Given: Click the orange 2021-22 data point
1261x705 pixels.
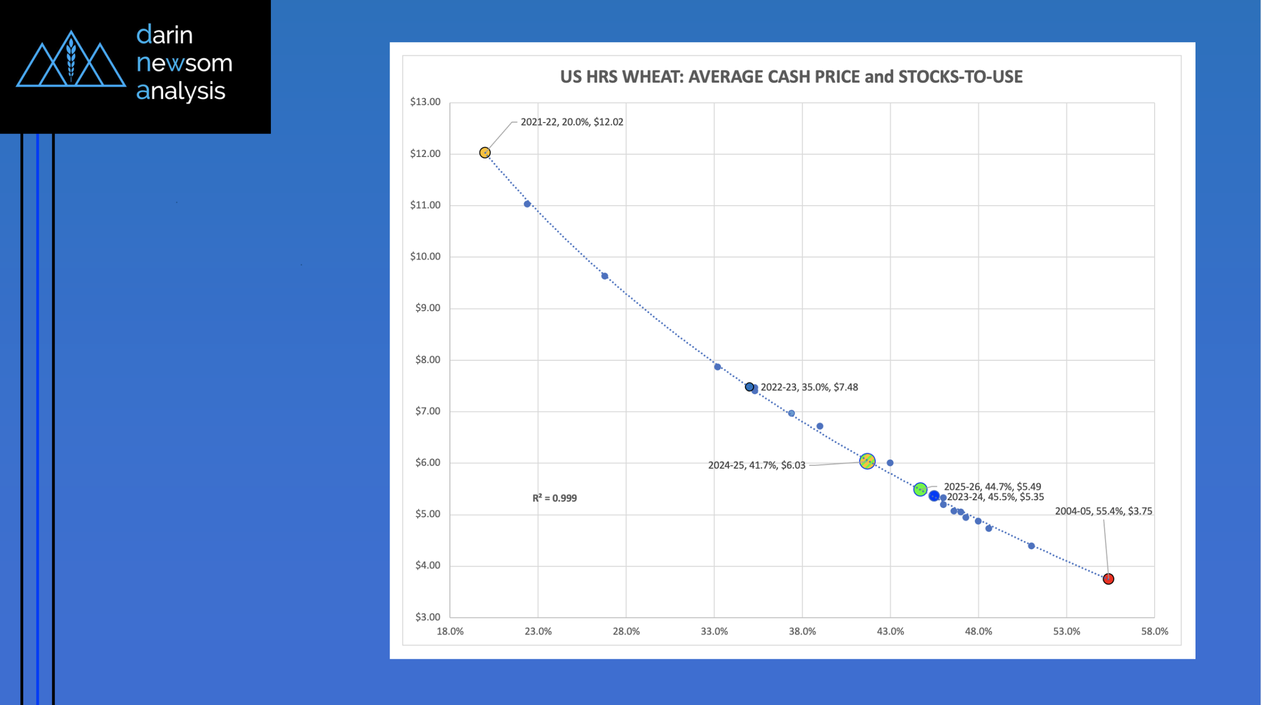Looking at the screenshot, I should (x=485, y=153).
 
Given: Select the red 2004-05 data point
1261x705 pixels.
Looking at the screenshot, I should (x=1108, y=579).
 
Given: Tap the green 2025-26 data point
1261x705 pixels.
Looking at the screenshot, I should (x=920, y=489).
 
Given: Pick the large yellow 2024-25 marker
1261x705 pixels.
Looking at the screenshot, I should (x=867, y=461).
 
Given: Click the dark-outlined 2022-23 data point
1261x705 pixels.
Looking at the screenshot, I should (x=749, y=387).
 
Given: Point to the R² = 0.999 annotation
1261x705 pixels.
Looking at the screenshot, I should (x=554, y=498).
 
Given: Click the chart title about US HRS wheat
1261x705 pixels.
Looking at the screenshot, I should (x=791, y=77).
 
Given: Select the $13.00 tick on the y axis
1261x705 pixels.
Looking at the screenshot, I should (x=425, y=102).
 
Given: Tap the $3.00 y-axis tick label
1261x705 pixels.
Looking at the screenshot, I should (x=428, y=617).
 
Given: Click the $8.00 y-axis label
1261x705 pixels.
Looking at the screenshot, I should (x=428, y=360).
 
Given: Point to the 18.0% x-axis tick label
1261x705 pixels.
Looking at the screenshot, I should (x=450, y=632).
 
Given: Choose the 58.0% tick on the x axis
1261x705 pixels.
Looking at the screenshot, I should (x=1154, y=632).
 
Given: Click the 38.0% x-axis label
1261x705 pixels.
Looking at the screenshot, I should (x=802, y=632).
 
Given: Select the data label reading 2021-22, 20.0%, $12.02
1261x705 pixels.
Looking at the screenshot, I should (x=571, y=122).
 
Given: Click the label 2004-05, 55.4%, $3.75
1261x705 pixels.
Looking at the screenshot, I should (x=1103, y=511).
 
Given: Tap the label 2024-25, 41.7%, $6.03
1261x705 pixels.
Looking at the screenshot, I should (x=757, y=465).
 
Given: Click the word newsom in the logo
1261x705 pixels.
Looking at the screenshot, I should (x=184, y=63).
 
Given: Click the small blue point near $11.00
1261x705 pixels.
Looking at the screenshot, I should (x=527, y=204).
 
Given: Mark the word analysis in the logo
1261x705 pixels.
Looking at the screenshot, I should (x=181, y=91).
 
